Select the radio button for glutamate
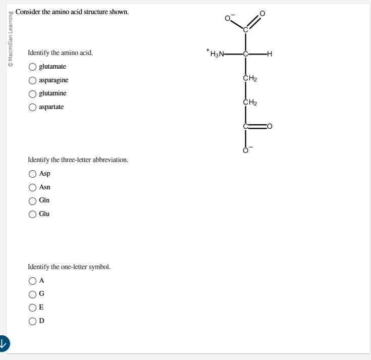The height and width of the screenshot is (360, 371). (32, 67)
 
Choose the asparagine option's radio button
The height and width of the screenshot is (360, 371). (32, 80)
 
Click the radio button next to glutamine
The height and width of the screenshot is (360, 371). (32, 94)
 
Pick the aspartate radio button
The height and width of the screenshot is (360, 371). (32, 107)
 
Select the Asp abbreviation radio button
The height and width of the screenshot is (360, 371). (32, 174)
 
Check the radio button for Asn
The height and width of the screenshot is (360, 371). (32, 187)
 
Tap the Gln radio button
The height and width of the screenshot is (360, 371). (32, 200)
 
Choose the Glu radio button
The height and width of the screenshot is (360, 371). (32, 214)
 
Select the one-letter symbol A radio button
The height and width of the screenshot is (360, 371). (32, 281)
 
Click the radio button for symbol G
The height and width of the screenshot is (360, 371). (32, 294)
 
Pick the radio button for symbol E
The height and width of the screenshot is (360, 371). (32, 307)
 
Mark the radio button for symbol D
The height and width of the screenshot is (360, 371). (32, 321)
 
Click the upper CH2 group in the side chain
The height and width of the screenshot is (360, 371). (250, 78)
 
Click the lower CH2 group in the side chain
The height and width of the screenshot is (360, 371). (250, 102)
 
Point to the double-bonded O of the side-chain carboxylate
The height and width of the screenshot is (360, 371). (270, 126)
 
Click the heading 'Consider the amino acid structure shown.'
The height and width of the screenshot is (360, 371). (72, 11)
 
